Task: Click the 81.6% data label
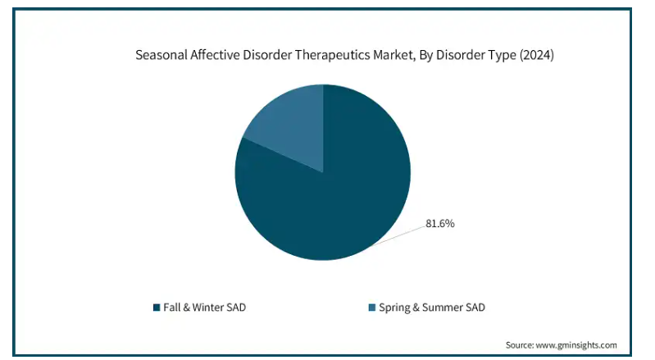pyautogui.click(x=440, y=224)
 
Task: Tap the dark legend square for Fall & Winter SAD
pyautogui.click(x=157, y=308)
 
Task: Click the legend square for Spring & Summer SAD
pyautogui.click(x=372, y=308)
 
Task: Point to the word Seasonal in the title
pyautogui.click(x=161, y=55)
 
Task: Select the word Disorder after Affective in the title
pyautogui.click(x=267, y=55)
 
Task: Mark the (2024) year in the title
pyautogui.click(x=537, y=55)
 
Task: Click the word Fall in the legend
pyautogui.click(x=171, y=308)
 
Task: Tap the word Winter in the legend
pyautogui.click(x=207, y=308)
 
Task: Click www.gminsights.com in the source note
pyautogui.click(x=576, y=345)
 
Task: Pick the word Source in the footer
pyautogui.click(x=520, y=345)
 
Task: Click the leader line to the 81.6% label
pyautogui.click(x=397, y=236)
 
